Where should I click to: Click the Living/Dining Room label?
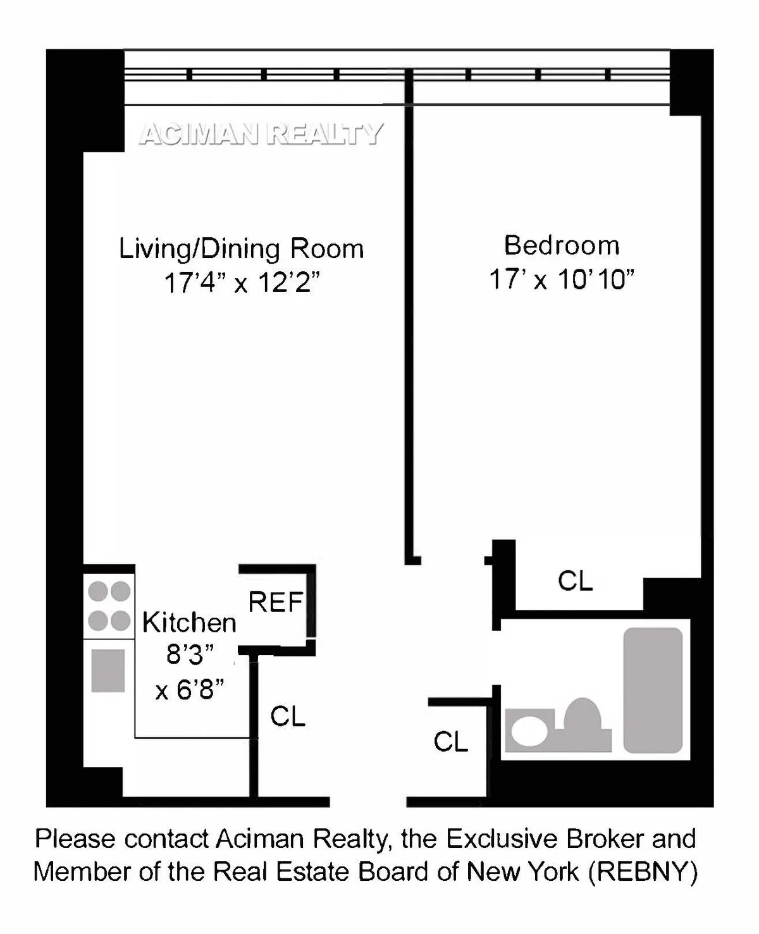[241, 249]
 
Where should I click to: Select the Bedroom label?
[562, 245]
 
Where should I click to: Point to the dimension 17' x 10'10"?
[562, 279]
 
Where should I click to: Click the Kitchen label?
[189, 623]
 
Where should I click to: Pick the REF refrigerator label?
[275, 603]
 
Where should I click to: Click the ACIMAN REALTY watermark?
[261, 134]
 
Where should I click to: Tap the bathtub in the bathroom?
[653, 689]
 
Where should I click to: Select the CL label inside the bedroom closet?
[575, 581]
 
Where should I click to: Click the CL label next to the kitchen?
[288, 716]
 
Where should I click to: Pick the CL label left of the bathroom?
[450, 742]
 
